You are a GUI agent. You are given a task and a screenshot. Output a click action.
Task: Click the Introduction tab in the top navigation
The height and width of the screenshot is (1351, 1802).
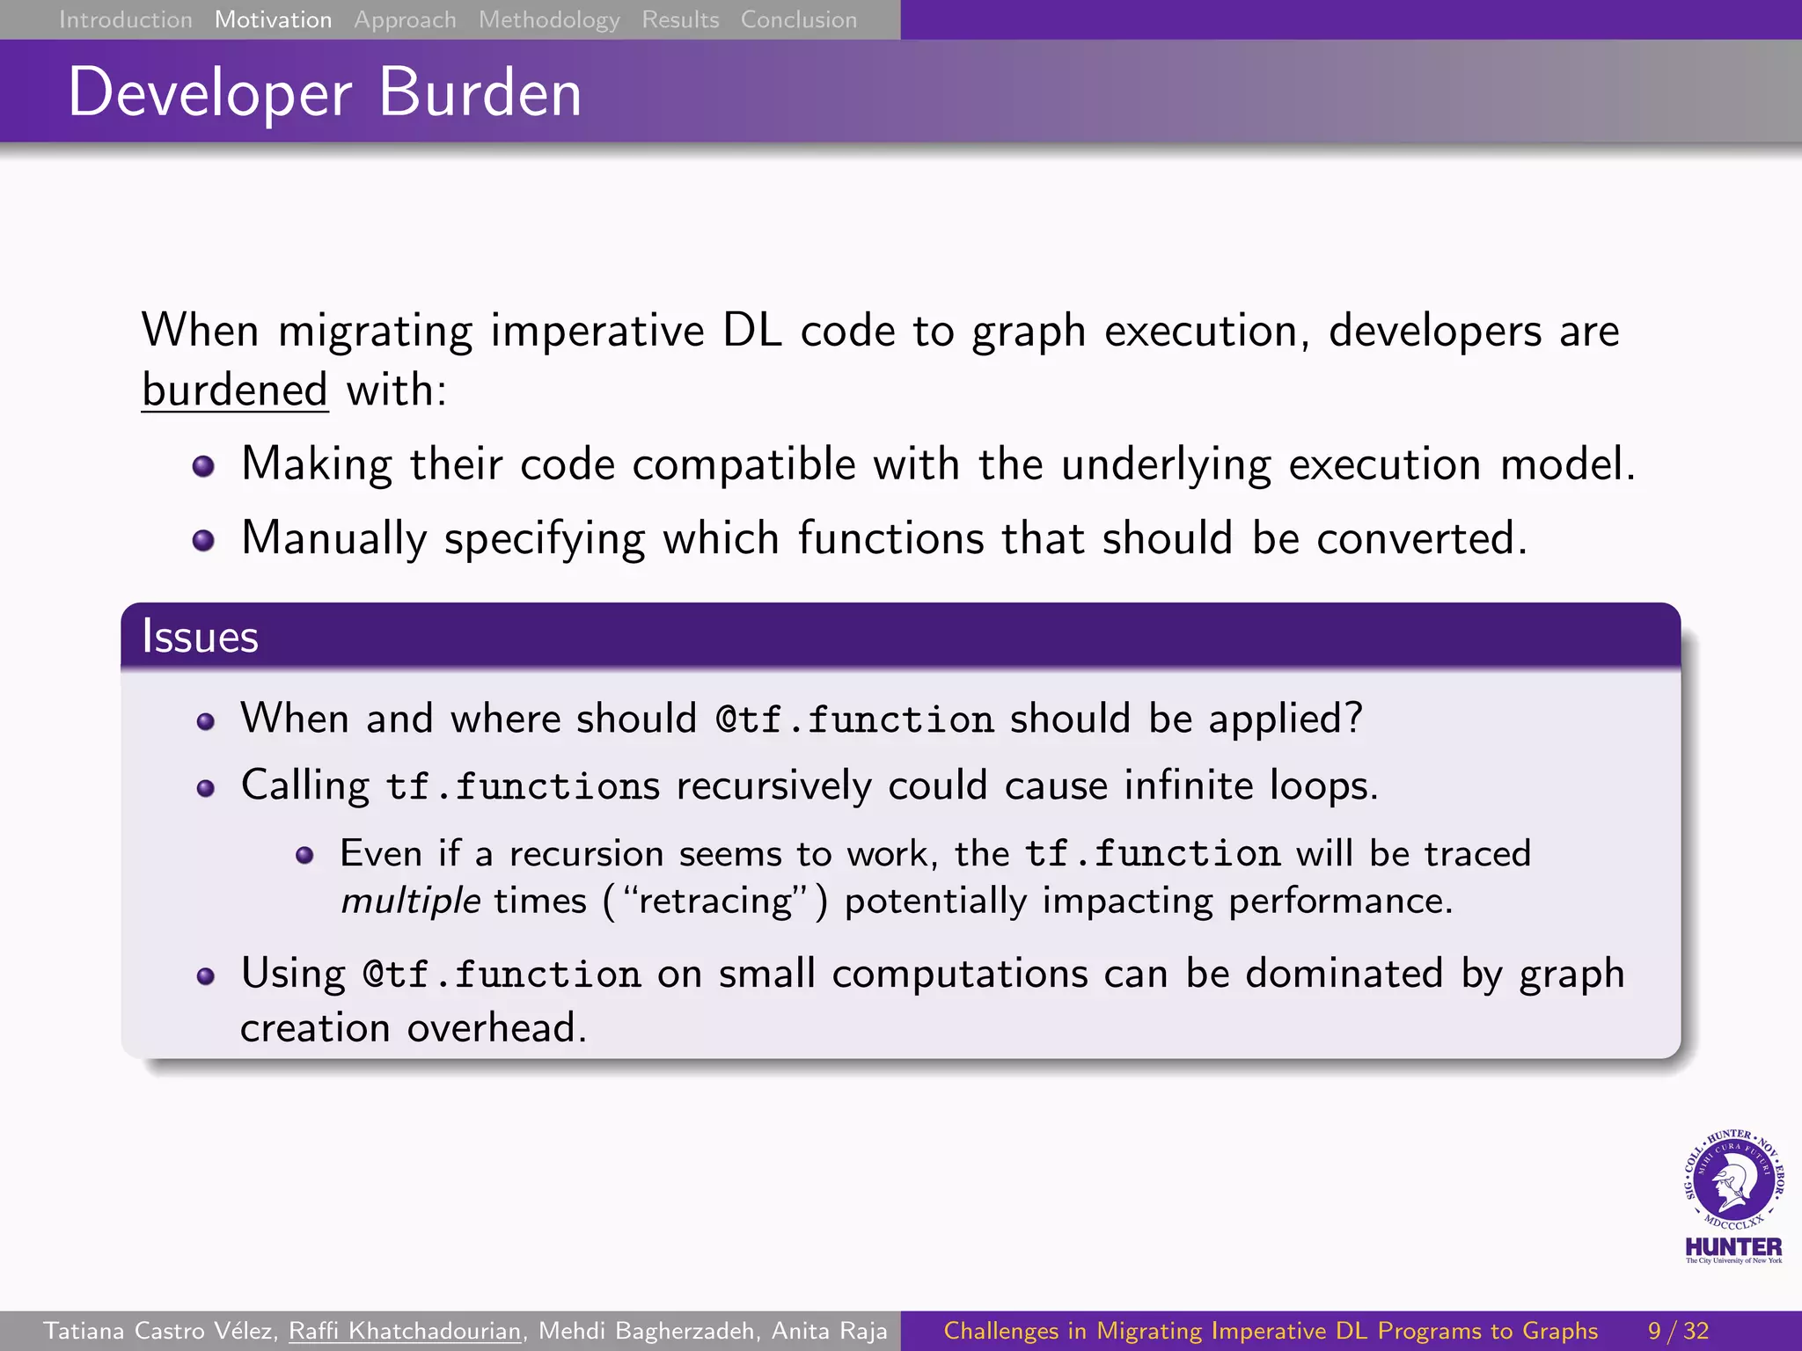click(x=125, y=19)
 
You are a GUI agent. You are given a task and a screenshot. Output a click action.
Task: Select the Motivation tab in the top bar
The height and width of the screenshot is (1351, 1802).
click(x=273, y=19)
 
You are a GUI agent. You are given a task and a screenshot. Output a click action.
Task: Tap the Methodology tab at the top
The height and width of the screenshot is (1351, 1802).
click(x=549, y=19)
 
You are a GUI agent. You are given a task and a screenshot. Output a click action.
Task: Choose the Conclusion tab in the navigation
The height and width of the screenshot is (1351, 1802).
click(x=798, y=19)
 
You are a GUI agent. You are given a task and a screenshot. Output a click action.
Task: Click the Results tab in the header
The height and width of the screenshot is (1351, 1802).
click(x=680, y=19)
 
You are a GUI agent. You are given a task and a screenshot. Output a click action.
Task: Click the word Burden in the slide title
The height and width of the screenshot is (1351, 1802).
click(x=480, y=92)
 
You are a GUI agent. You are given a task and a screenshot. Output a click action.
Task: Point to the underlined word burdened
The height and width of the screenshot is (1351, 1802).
click(x=235, y=390)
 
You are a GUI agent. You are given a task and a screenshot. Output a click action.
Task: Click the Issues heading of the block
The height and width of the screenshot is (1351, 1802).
click(x=200, y=636)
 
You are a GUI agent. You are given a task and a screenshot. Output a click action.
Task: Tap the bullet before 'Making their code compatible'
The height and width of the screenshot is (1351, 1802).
click(x=203, y=466)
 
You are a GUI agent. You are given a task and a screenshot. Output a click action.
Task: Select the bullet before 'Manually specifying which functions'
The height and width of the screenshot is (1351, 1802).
click(x=203, y=540)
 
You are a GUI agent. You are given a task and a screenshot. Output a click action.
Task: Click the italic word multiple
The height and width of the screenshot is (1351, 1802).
click(x=410, y=902)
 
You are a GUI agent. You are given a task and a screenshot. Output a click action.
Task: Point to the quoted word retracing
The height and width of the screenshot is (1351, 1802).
click(x=715, y=902)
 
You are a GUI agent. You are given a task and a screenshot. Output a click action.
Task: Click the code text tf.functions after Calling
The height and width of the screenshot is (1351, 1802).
click(x=523, y=786)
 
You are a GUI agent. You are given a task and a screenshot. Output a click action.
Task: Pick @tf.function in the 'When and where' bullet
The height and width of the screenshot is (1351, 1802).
click(x=854, y=719)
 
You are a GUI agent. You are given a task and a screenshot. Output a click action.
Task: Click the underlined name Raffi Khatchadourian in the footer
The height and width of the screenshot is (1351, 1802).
click(x=405, y=1331)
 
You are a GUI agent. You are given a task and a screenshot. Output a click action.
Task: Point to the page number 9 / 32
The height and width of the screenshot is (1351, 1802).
click(x=1678, y=1331)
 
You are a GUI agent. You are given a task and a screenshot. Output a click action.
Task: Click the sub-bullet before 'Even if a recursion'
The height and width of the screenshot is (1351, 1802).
click(x=304, y=855)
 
